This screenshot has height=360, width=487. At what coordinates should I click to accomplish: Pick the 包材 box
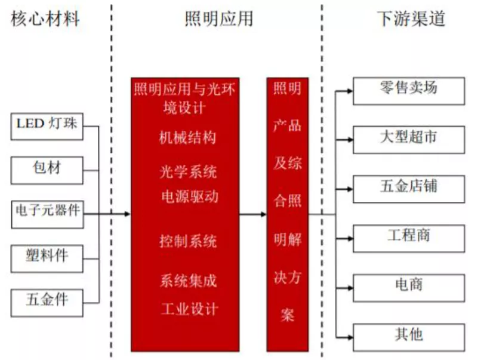point(47,168)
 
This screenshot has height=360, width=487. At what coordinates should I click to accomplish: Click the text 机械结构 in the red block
point(187,138)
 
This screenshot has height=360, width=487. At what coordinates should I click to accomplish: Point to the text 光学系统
point(187,173)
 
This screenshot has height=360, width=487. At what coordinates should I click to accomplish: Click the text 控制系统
point(187,242)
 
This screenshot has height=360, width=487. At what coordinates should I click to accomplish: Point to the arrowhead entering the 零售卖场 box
point(349,91)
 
